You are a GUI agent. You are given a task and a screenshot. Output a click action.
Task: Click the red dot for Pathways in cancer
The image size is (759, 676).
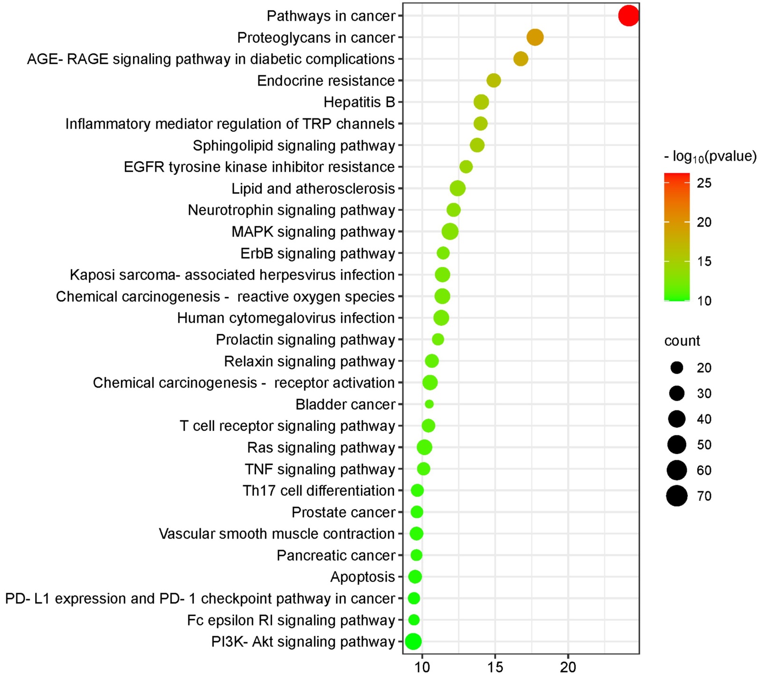(x=628, y=16)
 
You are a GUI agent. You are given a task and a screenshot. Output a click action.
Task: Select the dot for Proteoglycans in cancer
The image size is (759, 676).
(x=535, y=37)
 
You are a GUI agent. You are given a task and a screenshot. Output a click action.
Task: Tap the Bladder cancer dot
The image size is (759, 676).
(x=429, y=404)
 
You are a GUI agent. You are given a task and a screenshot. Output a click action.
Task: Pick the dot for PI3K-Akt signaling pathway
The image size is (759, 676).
(x=413, y=641)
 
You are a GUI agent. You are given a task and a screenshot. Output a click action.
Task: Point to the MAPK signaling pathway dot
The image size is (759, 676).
(x=450, y=232)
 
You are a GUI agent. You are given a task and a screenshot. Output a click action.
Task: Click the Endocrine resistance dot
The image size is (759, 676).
(x=493, y=80)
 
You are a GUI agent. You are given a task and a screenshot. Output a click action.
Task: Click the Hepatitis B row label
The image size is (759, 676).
(x=359, y=102)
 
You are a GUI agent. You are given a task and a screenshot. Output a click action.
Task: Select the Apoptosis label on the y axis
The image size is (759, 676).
(x=362, y=577)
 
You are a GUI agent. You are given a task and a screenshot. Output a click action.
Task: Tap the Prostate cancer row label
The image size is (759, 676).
(x=343, y=512)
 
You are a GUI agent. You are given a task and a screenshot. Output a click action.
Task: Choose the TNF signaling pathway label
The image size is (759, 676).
(x=320, y=469)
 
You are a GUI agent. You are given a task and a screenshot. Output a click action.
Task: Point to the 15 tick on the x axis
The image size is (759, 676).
(x=495, y=667)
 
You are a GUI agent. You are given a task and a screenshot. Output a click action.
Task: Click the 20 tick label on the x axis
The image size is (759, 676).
(x=568, y=667)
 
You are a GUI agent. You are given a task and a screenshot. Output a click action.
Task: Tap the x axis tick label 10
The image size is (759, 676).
(x=422, y=667)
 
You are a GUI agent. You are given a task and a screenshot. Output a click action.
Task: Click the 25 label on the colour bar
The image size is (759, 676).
(x=704, y=183)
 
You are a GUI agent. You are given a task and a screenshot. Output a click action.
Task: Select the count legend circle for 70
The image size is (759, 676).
(x=676, y=496)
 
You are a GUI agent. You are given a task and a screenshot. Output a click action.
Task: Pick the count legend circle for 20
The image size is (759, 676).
(x=676, y=367)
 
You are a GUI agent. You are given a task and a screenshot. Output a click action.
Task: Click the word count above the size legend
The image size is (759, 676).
(x=682, y=341)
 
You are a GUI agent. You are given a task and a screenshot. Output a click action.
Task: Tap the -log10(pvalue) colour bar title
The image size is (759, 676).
(x=710, y=156)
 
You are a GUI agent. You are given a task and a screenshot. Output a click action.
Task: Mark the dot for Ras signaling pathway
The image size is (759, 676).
(x=424, y=447)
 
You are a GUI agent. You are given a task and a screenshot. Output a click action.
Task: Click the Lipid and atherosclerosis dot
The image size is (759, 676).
(x=457, y=188)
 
